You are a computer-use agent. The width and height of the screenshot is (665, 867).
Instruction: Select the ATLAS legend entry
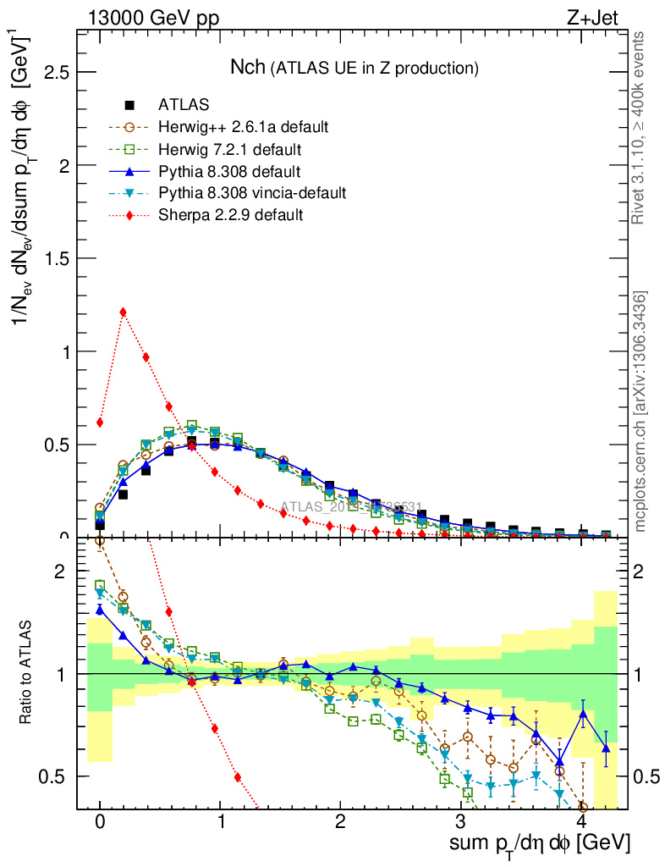[x=184, y=105]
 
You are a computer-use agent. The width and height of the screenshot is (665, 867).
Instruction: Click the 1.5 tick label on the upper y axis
[x=56, y=258]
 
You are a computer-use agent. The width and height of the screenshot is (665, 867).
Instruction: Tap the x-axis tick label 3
[x=460, y=823]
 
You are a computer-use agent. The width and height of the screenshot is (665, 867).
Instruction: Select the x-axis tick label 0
[x=100, y=823]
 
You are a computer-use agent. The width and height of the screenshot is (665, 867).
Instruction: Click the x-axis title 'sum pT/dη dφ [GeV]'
[x=539, y=844]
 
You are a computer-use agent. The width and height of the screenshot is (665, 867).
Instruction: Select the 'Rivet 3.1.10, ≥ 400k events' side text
[x=640, y=128]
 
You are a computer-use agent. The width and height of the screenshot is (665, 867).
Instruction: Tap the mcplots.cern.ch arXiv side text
[x=640, y=411]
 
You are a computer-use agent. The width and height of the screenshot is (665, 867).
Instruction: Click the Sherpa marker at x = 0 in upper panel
[x=100, y=422]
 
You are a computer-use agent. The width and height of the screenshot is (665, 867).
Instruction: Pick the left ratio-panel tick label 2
[x=59, y=572]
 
